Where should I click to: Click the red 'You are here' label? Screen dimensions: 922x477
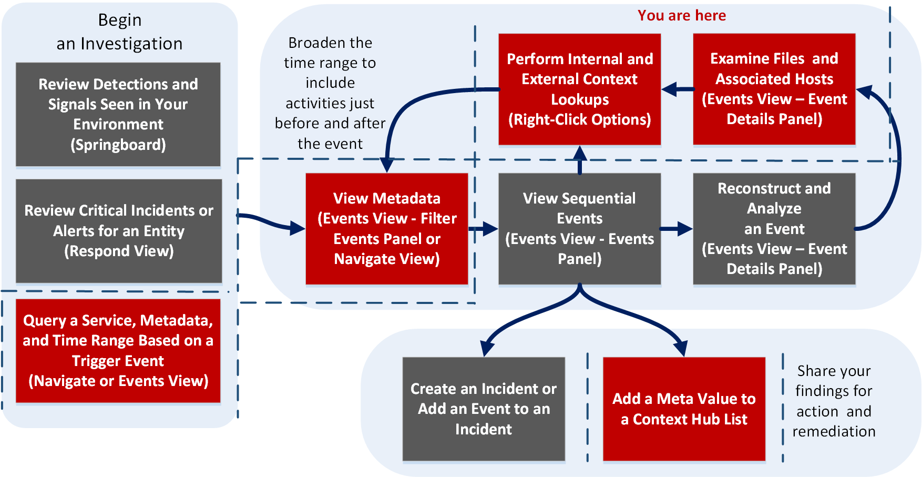tap(682, 15)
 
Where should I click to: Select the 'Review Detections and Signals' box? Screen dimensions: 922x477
tap(118, 115)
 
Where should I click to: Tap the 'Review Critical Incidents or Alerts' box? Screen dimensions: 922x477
tap(119, 231)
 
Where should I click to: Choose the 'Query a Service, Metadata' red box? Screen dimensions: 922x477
tap(118, 351)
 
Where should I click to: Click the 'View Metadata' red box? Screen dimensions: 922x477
tap(387, 229)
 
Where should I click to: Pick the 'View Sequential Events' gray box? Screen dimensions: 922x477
tap(579, 229)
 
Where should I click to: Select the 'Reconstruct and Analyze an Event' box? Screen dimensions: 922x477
tap(774, 229)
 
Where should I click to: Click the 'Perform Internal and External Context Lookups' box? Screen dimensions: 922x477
tap(579, 89)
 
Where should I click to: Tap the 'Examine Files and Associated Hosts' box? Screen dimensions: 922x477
tap(774, 89)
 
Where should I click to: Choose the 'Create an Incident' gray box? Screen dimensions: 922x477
tap(484, 409)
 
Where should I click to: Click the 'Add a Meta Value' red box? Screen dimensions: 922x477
tap(684, 409)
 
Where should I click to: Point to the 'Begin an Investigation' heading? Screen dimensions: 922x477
tap(120, 32)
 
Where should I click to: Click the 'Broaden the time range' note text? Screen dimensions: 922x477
tap(330, 93)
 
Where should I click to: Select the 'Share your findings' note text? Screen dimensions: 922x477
tap(834, 401)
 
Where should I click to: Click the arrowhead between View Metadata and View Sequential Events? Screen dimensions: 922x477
tap(490, 229)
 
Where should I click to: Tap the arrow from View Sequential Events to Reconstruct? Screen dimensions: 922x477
tap(677, 229)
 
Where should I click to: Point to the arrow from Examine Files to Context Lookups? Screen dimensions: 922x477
tap(678, 89)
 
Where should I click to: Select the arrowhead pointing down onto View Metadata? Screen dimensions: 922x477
tap(387, 165)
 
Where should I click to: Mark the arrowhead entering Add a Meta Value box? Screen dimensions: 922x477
tap(681, 348)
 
